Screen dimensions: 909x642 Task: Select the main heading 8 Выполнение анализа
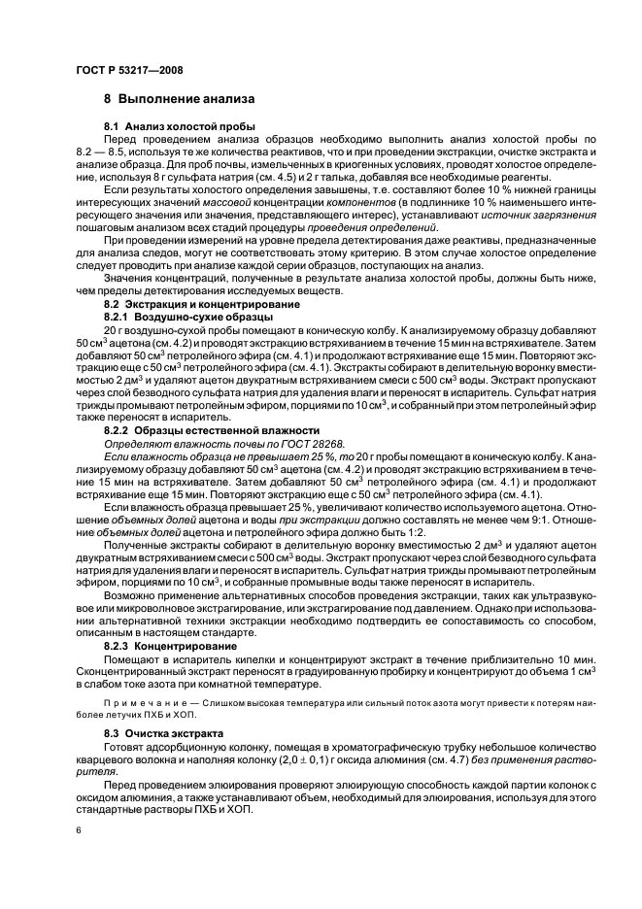click(x=180, y=99)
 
